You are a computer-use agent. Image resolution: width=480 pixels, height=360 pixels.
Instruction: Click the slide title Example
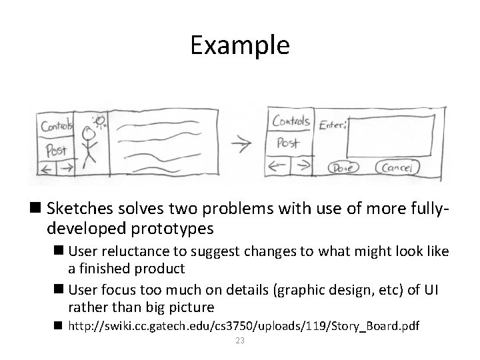(239, 45)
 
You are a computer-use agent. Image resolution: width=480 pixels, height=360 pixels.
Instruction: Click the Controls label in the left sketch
(57, 125)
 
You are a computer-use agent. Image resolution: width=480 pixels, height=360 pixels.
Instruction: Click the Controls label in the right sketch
(291, 121)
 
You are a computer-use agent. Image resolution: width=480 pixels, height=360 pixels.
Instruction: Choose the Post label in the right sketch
(287, 143)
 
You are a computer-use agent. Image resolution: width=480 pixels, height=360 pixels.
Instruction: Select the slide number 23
(240, 341)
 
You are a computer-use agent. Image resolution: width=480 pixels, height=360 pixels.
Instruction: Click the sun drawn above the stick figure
(101, 120)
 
